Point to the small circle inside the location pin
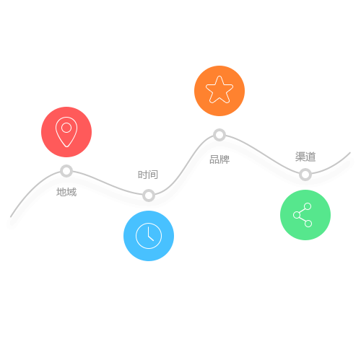[x=66, y=128]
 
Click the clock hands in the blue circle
[x=150, y=234]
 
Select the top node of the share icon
[x=308, y=206]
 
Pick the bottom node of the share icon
[x=308, y=224]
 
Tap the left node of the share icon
[x=297, y=215]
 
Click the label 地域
[x=66, y=192]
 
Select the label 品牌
[x=219, y=159]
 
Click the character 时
[x=143, y=175]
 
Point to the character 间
[x=153, y=175]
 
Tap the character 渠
[x=300, y=157]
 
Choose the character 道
[x=310, y=157]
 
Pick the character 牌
[x=225, y=159]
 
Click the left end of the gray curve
[x=11, y=217]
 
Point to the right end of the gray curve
[x=350, y=152]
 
